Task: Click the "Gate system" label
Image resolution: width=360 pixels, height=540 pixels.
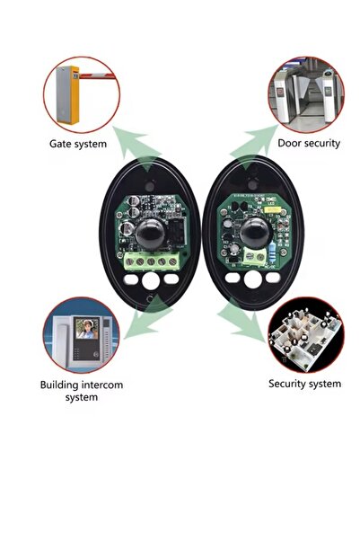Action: pos(78,144)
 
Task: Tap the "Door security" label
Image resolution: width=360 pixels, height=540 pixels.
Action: pos(309,143)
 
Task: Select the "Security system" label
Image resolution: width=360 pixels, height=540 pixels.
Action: pos(304,384)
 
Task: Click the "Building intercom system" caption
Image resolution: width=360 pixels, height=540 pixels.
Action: pos(82,391)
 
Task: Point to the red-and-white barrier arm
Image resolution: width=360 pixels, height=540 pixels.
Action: pos(97,75)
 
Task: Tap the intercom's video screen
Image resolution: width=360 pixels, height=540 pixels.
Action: pos(87,329)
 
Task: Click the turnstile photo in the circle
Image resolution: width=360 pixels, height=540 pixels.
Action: pos(306,94)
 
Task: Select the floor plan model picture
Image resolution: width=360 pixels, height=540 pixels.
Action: pos(306,335)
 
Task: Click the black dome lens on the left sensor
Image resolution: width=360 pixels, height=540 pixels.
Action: pos(150,234)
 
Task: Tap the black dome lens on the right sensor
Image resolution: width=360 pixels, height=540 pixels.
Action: pos(255,233)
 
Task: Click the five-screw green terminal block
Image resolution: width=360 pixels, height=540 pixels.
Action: pos(152,261)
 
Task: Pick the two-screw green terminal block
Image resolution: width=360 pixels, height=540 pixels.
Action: pos(254,257)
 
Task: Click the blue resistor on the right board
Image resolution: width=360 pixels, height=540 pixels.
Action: pos(274,248)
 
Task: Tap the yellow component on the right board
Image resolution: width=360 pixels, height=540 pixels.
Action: pos(274,209)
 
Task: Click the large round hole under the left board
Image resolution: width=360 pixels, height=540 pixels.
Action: pos(151,280)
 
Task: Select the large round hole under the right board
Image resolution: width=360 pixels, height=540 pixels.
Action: pos(253,279)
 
